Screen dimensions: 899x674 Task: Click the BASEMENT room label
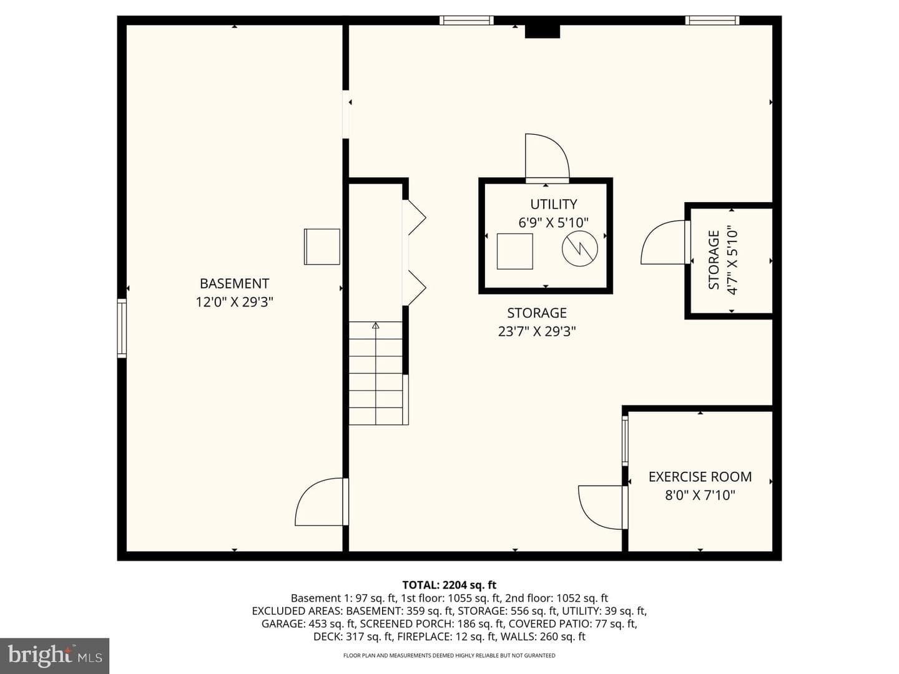click(x=234, y=283)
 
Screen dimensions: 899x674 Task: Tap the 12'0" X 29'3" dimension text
click(x=234, y=302)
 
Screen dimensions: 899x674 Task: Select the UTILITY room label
click(x=553, y=204)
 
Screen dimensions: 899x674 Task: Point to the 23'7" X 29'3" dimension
click(x=537, y=331)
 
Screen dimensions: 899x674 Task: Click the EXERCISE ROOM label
click(x=700, y=477)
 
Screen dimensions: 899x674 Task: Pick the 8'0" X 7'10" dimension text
click(x=700, y=496)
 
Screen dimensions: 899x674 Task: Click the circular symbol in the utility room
click(x=579, y=248)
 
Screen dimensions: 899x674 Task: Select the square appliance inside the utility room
click(x=515, y=252)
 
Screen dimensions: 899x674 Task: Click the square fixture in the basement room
click(x=322, y=247)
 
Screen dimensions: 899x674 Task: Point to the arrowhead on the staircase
click(x=376, y=326)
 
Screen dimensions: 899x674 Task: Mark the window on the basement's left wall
click(x=122, y=328)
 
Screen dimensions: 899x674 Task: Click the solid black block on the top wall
click(x=543, y=31)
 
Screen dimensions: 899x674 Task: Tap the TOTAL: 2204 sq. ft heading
click(x=449, y=585)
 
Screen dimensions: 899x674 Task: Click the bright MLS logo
click(x=54, y=656)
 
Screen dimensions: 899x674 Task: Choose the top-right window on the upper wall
click(x=712, y=20)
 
